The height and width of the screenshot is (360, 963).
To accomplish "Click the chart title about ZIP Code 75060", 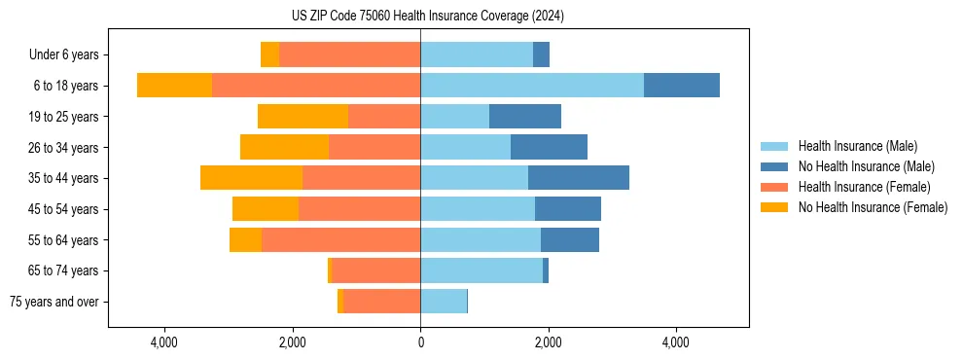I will click(427, 17).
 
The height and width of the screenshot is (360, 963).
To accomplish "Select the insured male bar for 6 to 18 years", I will click(531, 86).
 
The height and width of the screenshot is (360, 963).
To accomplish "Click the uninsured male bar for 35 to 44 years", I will click(578, 178).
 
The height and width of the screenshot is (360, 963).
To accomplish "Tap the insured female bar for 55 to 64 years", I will click(340, 239).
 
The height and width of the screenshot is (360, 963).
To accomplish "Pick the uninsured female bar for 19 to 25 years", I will click(303, 117).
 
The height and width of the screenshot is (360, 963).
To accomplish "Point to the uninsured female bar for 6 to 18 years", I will click(174, 86).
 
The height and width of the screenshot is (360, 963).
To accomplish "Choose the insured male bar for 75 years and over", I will click(444, 302).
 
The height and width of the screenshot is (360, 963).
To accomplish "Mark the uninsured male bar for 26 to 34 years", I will click(549, 147).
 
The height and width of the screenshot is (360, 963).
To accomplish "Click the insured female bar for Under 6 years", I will click(349, 54).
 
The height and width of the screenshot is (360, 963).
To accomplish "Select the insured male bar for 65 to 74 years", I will click(481, 270).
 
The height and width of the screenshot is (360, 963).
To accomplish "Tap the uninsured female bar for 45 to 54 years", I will click(266, 209).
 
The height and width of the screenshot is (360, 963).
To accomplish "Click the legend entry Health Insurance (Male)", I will click(856, 146).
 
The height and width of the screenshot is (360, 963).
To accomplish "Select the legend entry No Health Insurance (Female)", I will click(873, 207).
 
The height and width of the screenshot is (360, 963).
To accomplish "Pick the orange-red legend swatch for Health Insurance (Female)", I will click(774, 187).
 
